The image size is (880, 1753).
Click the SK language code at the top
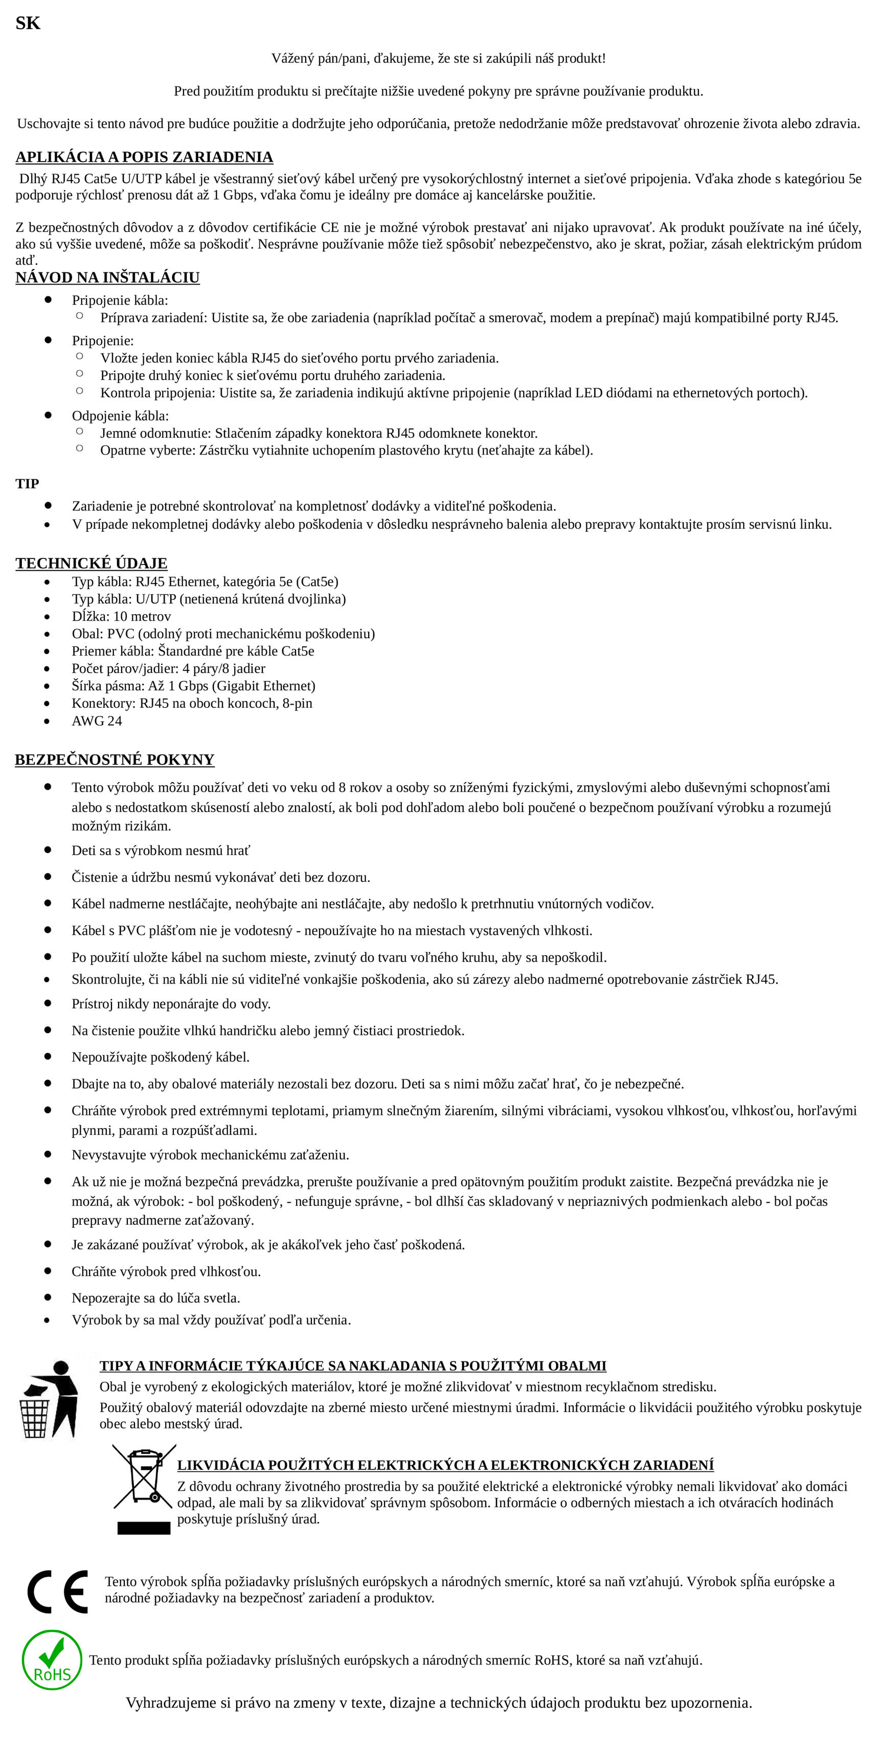tap(28, 23)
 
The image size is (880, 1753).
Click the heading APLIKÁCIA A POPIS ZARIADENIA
tap(144, 157)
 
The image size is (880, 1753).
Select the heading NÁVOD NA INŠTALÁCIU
tap(107, 277)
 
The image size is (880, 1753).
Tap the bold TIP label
tap(27, 484)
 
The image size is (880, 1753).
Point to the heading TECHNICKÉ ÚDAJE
tap(91, 564)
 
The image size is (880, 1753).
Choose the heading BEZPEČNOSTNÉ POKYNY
tap(114, 760)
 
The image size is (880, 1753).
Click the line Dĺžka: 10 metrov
tap(121, 617)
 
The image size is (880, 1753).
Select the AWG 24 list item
tap(97, 721)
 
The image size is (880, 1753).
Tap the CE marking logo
tap(58, 1592)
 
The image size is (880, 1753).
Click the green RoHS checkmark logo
tap(52, 1660)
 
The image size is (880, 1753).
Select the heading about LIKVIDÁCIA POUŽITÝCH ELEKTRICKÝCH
tap(445, 1465)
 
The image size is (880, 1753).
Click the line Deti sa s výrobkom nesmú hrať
tap(161, 851)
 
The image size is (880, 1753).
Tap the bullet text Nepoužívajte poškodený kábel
tap(161, 1057)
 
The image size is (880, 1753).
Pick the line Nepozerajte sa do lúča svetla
tap(156, 1298)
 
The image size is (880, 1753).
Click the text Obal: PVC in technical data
tap(223, 634)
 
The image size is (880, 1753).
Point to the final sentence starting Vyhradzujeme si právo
tap(439, 1703)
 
